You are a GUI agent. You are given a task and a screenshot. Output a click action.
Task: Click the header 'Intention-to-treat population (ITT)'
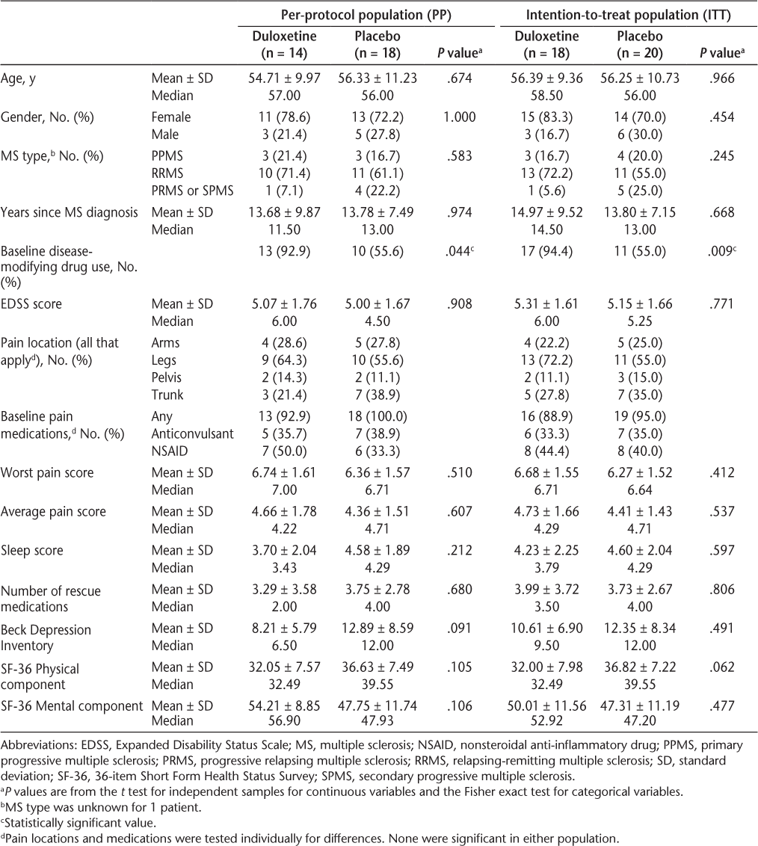(629, 14)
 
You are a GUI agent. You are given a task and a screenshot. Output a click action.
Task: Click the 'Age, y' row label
(18, 78)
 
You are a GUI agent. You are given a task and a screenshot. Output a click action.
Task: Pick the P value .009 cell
(721, 252)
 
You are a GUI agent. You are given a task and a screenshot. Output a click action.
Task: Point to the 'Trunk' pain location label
(167, 394)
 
